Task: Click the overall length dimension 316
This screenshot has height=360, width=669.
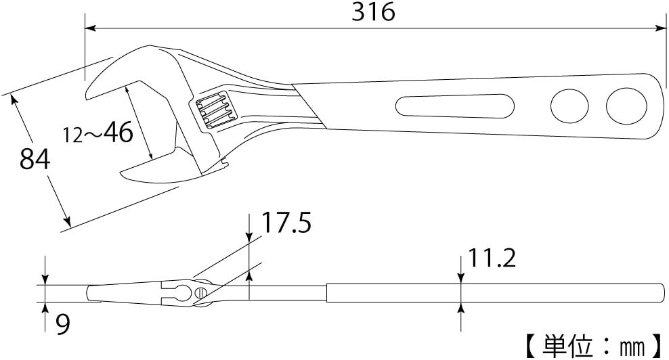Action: [x=373, y=12]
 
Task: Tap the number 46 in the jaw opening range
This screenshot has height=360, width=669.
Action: [x=118, y=133]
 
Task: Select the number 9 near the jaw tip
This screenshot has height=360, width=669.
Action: [x=62, y=325]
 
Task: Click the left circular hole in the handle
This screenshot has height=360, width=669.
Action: [x=569, y=106]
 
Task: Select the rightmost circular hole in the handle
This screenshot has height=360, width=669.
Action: [x=624, y=105]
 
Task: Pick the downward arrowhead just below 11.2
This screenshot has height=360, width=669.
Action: [x=461, y=277]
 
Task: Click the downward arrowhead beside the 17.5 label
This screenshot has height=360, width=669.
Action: [x=250, y=236]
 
